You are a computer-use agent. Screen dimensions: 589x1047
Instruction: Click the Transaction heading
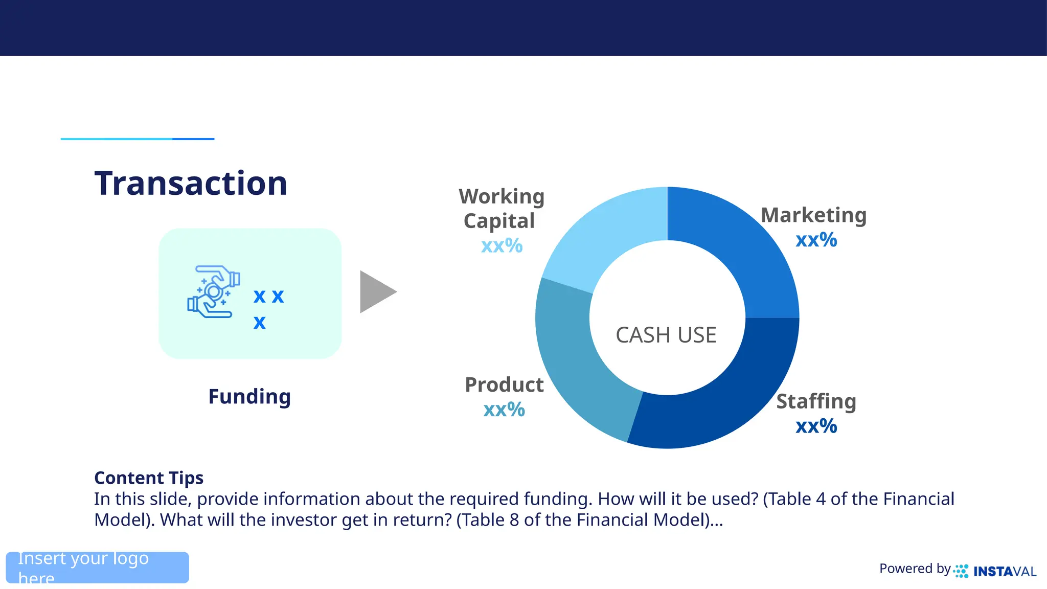coord(191,183)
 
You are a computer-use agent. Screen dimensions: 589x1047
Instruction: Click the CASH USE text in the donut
coord(666,335)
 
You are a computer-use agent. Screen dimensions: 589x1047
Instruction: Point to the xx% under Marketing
coord(816,240)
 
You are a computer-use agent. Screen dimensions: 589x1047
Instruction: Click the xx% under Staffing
coord(816,426)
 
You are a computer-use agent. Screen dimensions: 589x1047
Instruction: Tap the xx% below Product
coord(504,410)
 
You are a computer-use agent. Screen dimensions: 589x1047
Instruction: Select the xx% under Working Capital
coord(502,246)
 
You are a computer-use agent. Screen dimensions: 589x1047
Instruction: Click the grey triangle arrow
coord(375,292)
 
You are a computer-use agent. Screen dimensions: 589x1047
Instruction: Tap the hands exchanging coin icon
coord(214,292)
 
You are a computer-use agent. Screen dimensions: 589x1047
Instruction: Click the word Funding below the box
coord(249,397)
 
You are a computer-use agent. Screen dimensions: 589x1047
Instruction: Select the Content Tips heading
coord(149,478)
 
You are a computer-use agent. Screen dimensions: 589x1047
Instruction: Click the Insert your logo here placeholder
coord(97,568)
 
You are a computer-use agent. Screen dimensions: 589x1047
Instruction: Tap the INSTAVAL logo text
coord(1004,572)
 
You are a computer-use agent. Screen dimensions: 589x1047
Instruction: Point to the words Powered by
coord(915,569)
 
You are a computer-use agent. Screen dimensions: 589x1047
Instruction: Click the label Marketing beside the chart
coord(813,215)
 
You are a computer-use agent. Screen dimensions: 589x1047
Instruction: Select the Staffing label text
coord(816,401)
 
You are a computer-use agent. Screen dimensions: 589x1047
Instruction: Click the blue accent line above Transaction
coord(137,139)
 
